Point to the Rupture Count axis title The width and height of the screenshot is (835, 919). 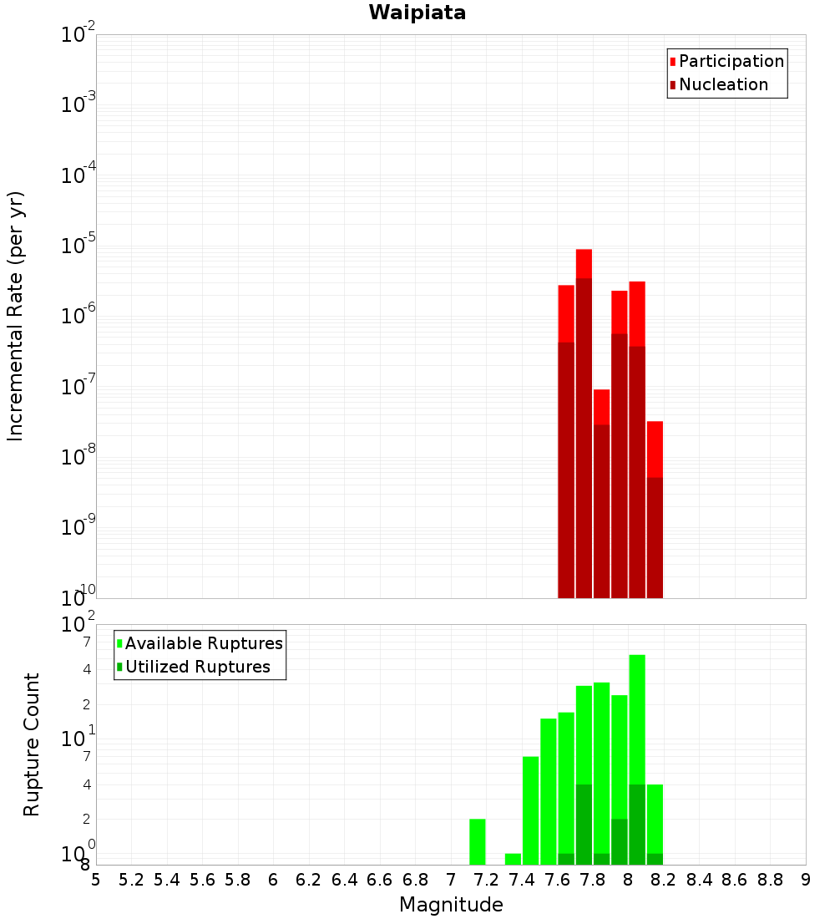[x=32, y=744]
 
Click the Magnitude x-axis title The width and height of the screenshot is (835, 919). [x=451, y=905]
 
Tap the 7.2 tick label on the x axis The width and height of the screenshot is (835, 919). [x=486, y=880]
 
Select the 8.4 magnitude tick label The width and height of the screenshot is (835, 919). [x=699, y=880]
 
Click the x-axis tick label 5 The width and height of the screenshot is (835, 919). [x=96, y=880]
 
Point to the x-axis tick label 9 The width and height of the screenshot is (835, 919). [x=806, y=880]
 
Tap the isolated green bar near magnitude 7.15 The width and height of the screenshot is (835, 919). [x=478, y=841]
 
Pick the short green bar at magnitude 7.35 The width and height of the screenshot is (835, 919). [x=513, y=859]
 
